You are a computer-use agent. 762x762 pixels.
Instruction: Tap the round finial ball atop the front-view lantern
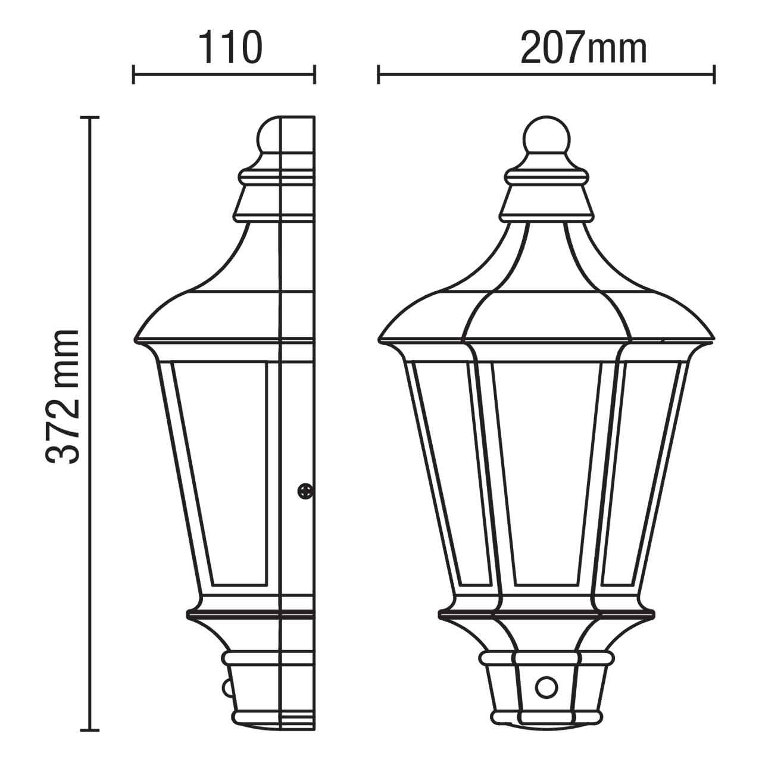tap(546, 135)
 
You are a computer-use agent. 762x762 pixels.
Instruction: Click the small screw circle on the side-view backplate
tap(305, 491)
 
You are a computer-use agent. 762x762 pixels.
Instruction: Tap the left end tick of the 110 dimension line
tap(134, 75)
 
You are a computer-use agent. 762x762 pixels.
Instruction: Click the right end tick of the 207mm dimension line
tap(714, 75)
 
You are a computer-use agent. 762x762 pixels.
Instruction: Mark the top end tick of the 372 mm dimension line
tap(90, 118)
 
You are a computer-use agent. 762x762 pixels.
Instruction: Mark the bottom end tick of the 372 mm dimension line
tap(90, 729)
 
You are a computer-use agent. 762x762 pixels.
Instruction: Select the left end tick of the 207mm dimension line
tap(379, 75)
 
